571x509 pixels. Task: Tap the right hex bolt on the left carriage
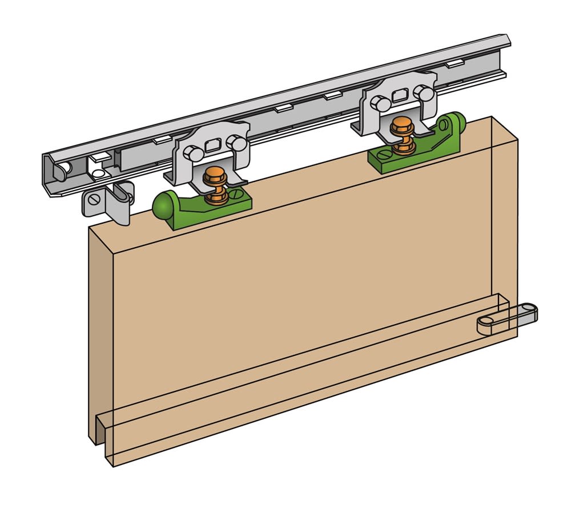[232, 141]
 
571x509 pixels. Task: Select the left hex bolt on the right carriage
[379, 103]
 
